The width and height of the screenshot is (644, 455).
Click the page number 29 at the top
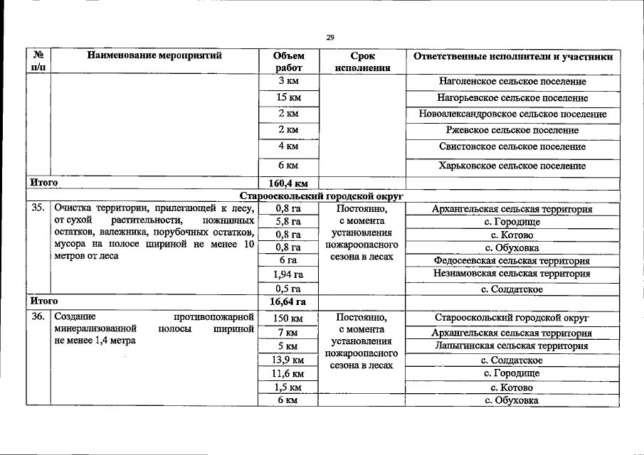[x=329, y=38]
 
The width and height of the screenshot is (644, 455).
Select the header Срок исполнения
[x=361, y=62]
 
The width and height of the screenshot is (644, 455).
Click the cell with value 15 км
[x=287, y=97]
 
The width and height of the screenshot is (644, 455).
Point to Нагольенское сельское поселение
[x=512, y=82]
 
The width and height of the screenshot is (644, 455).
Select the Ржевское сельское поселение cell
[x=512, y=131]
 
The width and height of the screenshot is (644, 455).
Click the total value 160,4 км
[x=287, y=183]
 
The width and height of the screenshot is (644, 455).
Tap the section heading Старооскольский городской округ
[x=321, y=196]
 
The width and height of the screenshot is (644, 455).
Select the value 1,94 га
[x=287, y=274]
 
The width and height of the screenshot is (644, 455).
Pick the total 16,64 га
[x=287, y=302]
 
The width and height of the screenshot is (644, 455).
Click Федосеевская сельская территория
[x=512, y=261]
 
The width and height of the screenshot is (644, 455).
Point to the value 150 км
[x=287, y=318]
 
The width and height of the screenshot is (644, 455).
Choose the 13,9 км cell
[x=287, y=360]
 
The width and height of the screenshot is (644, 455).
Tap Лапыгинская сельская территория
[x=512, y=346]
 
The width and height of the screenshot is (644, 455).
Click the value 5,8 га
[x=287, y=223]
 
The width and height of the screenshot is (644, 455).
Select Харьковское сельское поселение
[x=512, y=166]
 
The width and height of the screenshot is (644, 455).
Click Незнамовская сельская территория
[x=512, y=274]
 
